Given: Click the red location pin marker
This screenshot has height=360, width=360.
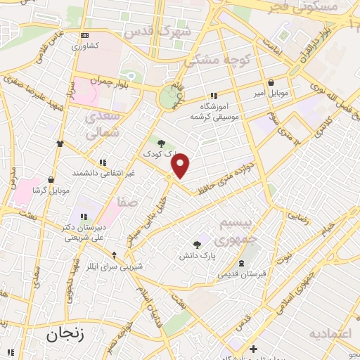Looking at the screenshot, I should (x=181, y=165).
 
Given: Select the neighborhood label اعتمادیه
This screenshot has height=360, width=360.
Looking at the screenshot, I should (x=330, y=333).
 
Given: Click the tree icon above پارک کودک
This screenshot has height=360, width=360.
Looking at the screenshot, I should (x=162, y=143).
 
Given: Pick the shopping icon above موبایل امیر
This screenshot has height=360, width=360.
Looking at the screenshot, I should (x=271, y=83).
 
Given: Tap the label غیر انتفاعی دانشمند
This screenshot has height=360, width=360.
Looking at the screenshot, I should (x=102, y=172).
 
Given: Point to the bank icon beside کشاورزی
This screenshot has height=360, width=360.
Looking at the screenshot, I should (x=85, y=34).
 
